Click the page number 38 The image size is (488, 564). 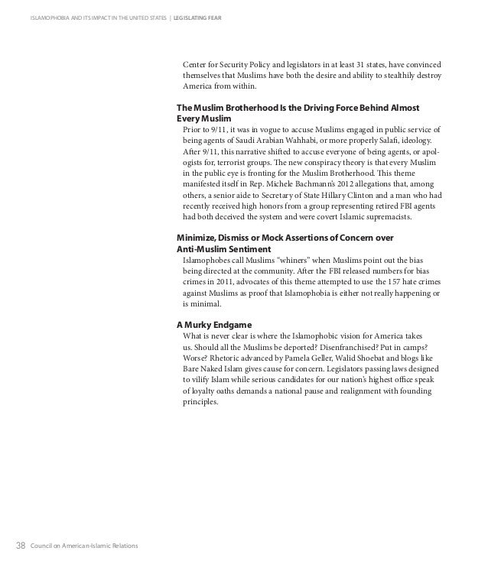coord(20,544)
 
